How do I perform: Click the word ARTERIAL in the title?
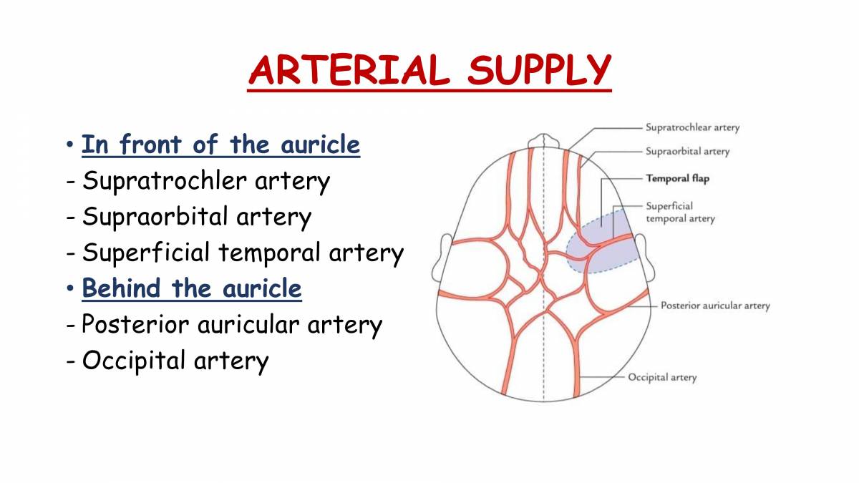click(349, 70)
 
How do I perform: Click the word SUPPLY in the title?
click(539, 70)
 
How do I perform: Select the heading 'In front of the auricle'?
click(221, 145)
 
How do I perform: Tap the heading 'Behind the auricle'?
click(192, 288)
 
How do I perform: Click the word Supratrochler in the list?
click(165, 181)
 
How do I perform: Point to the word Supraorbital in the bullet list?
click(155, 217)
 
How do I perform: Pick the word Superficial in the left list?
click(146, 252)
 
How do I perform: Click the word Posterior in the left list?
click(135, 324)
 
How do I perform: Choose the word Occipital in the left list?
click(134, 361)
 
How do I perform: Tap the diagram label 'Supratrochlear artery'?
click(693, 127)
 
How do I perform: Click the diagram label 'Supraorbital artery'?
click(688, 152)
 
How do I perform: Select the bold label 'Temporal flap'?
click(678, 179)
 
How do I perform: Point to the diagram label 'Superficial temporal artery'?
click(681, 213)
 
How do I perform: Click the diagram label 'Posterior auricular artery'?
click(715, 306)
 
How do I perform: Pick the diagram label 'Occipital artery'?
click(662, 378)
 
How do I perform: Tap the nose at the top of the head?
click(543, 141)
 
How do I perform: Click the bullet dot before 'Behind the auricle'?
click(70, 288)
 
